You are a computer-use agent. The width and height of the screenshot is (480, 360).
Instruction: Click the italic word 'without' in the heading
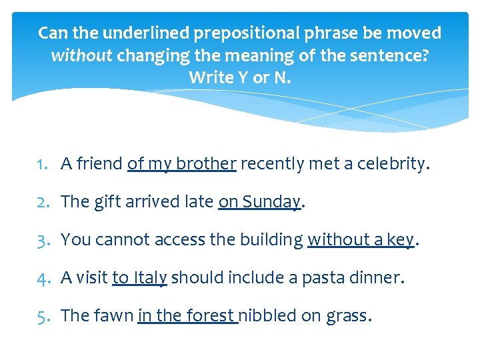point(81,55)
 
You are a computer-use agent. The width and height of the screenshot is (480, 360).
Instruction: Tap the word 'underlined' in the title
point(143,33)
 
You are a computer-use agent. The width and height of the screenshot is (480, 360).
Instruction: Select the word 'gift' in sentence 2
point(102,201)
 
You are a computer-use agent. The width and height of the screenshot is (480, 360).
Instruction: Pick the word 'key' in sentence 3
point(401,240)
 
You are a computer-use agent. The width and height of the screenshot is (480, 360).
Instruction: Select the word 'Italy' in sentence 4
point(150,277)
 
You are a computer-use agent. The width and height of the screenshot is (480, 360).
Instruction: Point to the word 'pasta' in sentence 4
point(323,277)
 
